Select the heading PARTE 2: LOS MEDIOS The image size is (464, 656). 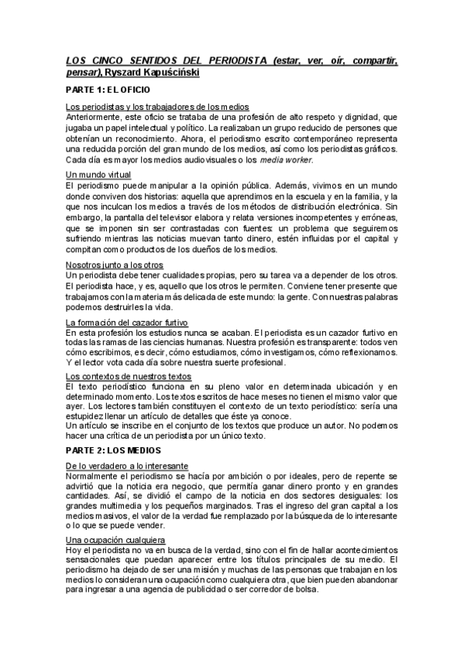[113, 449]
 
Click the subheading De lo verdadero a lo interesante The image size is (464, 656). [127, 466]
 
